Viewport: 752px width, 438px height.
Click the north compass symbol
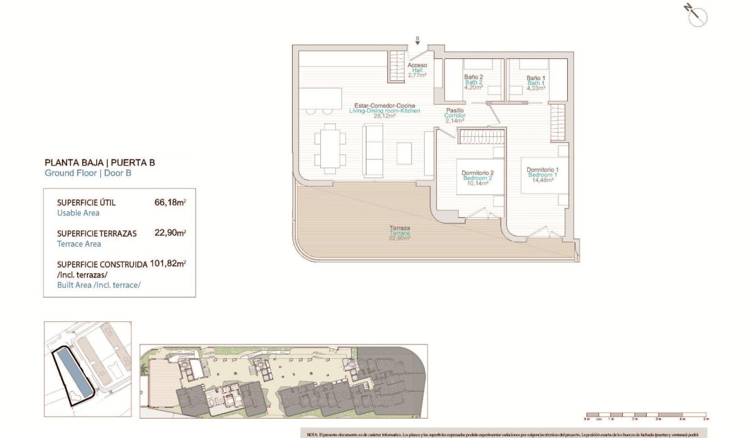click(x=696, y=17)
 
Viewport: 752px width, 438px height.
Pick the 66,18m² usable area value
click(x=170, y=203)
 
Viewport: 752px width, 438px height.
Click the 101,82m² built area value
click(x=168, y=264)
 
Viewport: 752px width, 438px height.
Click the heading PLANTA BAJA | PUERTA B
click(x=100, y=163)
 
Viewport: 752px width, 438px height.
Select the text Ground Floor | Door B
click(x=88, y=173)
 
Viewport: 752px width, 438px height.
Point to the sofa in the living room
click(x=374, y=150)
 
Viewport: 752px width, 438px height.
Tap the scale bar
click(x=645, y=415)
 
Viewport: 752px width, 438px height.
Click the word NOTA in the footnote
click(x=313, y=434)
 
